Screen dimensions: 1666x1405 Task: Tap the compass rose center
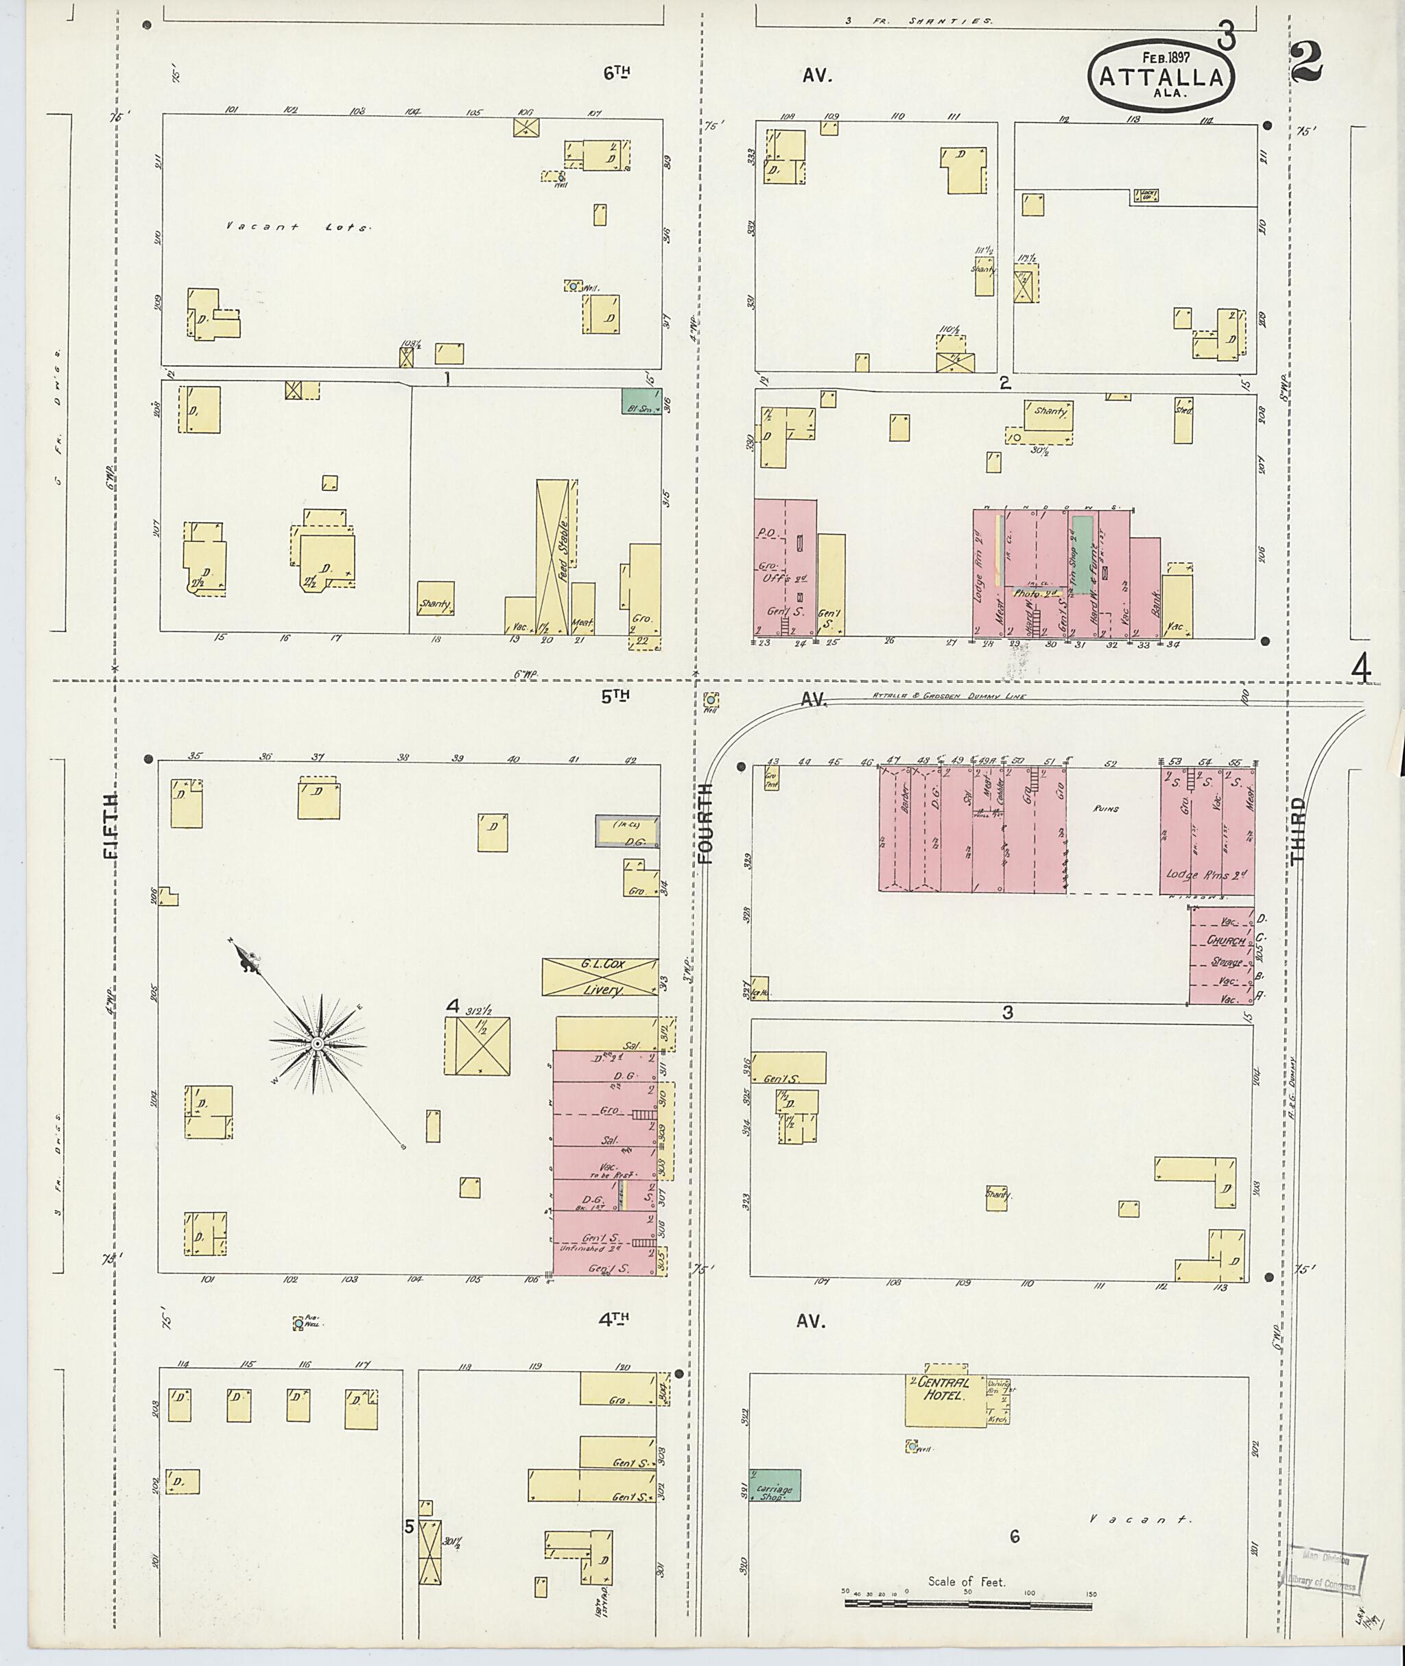(x=317, y=1043)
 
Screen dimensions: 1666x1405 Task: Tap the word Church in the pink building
(x=1225, y=940)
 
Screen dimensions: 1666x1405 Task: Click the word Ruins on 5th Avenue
(x=1107, y=809)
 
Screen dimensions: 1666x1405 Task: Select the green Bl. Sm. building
(x=641, y=401)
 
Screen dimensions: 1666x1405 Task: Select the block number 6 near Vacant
(x=1014, y=1536)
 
